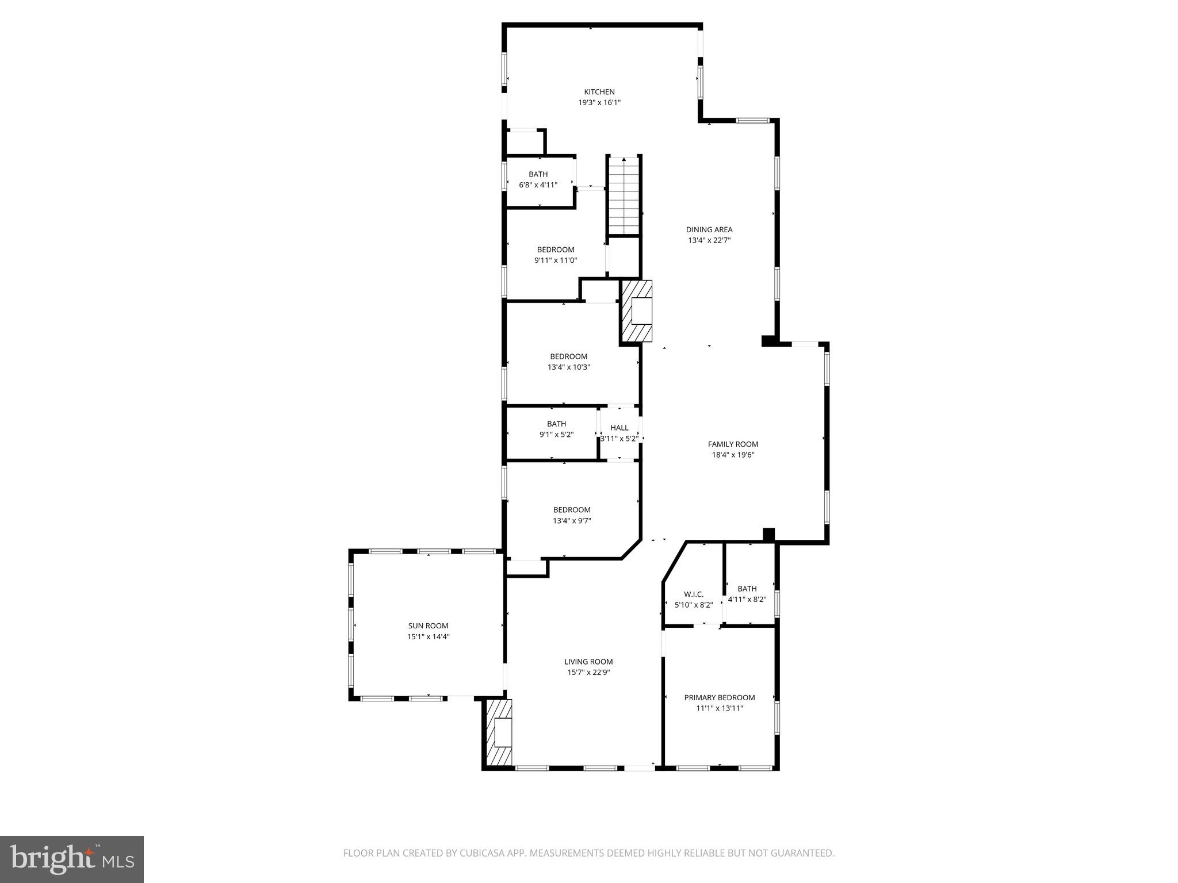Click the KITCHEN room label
[599, 92]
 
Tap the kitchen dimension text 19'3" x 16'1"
[599, 103]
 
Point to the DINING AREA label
[709, 230]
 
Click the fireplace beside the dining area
[637, 311]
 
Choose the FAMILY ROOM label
[733, 444]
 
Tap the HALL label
[619, 428]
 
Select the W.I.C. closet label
[694, 594]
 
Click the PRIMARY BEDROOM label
[720, 698]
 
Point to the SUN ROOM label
[428, 626]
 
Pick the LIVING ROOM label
[588, 662]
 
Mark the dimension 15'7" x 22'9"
[588, 673]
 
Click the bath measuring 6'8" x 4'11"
[538, 180]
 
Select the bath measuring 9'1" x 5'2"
[556, 429]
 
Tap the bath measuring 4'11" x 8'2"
[747, 594]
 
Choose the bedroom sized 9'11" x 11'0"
[556, 255]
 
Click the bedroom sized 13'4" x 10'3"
[569, 362]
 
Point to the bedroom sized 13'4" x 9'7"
[572, 515]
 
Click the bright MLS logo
[72, 859]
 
